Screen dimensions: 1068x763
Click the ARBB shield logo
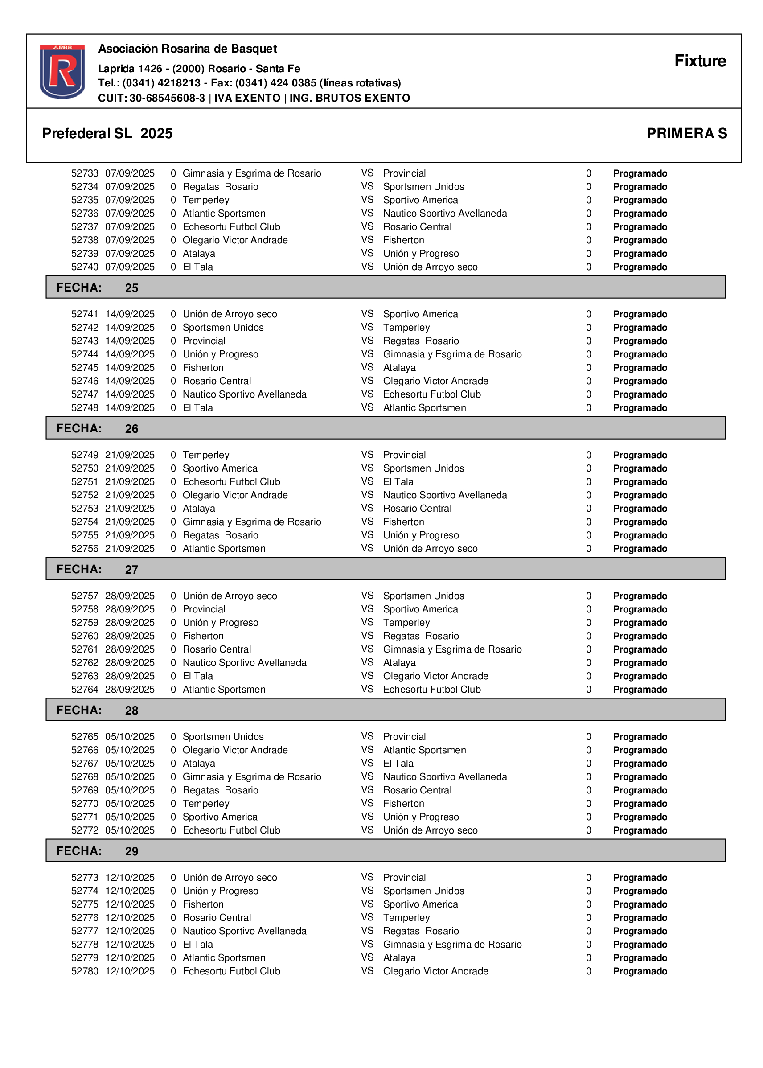[62, 71]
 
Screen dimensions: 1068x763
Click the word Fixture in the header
[700, 61]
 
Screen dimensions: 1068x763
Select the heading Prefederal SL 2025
[107, 133]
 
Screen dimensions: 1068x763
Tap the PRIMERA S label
[686, 133]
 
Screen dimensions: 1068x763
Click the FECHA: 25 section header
[97, 288]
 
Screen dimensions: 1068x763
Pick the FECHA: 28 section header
[97, 710]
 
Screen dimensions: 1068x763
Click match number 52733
[85, 173]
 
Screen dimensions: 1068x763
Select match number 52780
[85, 971]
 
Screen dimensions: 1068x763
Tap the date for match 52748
[130, 408]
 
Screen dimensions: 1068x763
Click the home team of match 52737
[231, 227]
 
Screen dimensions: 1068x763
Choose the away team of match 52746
[435, 381]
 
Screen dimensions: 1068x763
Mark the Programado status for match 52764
[640, 689]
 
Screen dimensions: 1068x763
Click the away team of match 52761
[452, 649]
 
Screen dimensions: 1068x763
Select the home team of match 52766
[235, 750]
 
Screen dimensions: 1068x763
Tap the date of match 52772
[130, 830]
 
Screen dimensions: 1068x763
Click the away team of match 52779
[399, 957]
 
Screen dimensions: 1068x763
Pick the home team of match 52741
[230, 314]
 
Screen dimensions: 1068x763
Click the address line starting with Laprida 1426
[199, 69]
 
